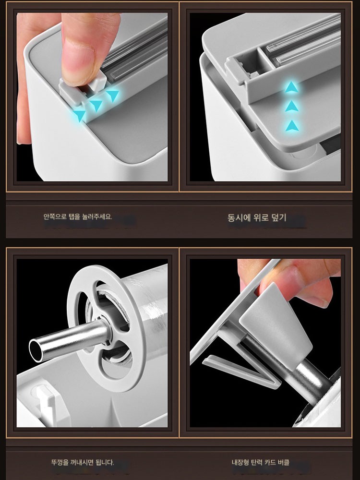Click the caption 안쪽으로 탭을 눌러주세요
pyautogui.click(x=78, y=217)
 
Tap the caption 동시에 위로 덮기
pyautogui.click(x=256, y=217)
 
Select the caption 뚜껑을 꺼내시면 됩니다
pyautogui.click(x=83, y=462)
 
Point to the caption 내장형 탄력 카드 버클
pyautogui.click(x=261, y=462)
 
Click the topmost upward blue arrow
pyautogui.click(x=291, y=87)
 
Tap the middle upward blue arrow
pyautogui.click(x=291, y=107)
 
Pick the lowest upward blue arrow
pyautogui.click(x=292, y=126)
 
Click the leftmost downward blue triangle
pyautogui.click(x=80, y=116)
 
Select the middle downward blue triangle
pyautogui.click(x=96, y=105)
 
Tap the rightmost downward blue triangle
pyautogui.click(x=112, y=95)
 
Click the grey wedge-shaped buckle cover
pyautogui.click(x=275, y=324)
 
